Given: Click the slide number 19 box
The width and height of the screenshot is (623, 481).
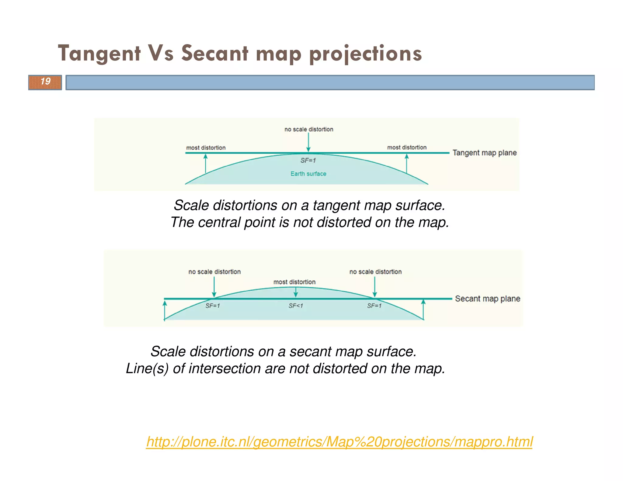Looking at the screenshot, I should pyautogui.click(x=45, y=82).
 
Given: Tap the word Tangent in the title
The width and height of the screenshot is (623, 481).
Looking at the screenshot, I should pyautogui.click(x=99, y=54).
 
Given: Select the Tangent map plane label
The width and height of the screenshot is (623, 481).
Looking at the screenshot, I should pyautogui.click(x=484, y=153).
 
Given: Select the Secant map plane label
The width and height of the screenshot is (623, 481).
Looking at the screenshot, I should pyautogui.click(x=487, y=299).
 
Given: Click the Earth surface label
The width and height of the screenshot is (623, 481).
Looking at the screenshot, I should pyautogui.click(x=308, y=174).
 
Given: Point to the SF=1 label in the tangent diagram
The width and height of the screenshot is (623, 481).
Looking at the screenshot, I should pyautogui.click(x=308, y=161).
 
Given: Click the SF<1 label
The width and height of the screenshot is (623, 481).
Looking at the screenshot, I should pyautogui.click(x=296, y=306).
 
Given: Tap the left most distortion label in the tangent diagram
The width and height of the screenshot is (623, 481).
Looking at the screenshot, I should pyautogui.click(x=206, y=148).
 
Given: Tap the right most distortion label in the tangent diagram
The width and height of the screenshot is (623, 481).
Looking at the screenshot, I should pyautogui.click(x=407, y=147).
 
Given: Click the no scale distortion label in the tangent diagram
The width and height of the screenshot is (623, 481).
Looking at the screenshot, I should pyautogui.click(x=309, y=129).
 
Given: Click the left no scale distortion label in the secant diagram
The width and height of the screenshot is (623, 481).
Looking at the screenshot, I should pyautogui.click(x=214, y=272).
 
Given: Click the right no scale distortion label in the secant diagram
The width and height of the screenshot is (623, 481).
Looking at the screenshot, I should pyautogui.click(x=375, y=272).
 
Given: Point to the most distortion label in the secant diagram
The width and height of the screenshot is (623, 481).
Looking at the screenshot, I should pyautogui.click(x=294, y=282).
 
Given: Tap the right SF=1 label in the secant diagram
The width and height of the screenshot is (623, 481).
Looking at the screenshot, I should pyautogui.click(x=374, y=306).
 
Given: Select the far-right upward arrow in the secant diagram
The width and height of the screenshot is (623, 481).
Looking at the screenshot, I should pyautogui.click(x=423, y=309).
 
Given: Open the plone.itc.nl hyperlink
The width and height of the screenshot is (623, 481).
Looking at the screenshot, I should pyautogui.click(x=339, y=442).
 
